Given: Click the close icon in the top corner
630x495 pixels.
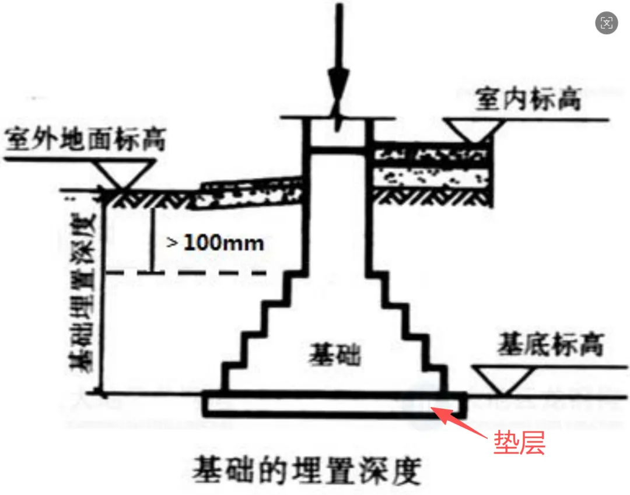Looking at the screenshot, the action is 607,23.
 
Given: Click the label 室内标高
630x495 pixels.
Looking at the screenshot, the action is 528,100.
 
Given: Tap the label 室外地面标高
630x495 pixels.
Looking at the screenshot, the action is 85,141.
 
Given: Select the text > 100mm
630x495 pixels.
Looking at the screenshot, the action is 215,243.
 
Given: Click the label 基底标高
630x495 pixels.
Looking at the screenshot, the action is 549,345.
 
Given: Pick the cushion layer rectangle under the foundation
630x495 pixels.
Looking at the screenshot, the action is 335,406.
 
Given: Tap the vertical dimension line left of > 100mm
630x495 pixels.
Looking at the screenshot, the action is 152,239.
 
